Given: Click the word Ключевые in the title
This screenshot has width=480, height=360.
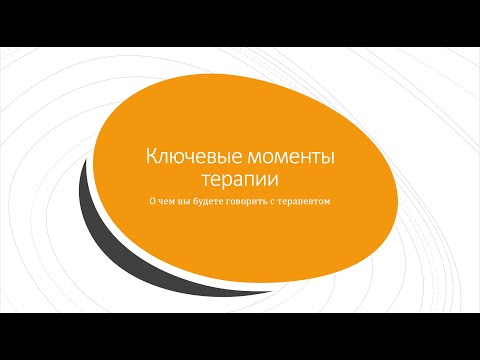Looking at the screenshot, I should pos(188,158).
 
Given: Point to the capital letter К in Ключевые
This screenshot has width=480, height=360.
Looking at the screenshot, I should pos(152,158).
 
